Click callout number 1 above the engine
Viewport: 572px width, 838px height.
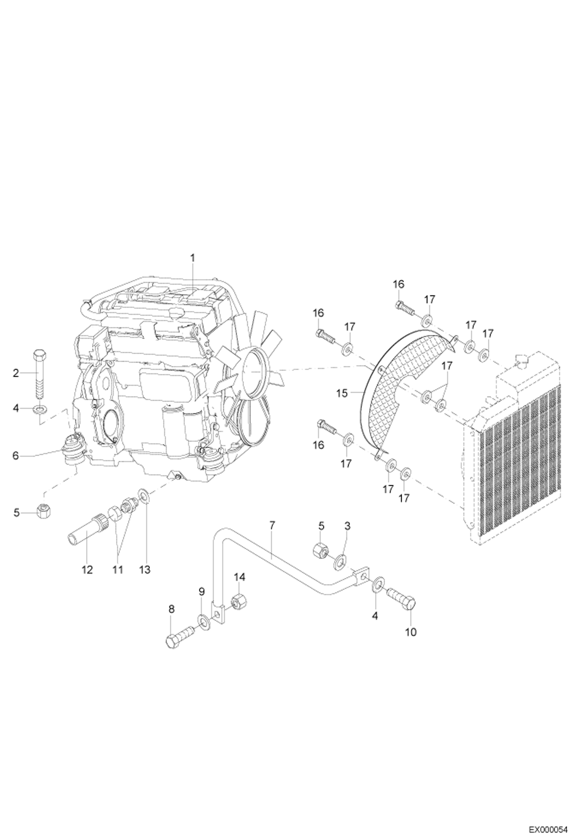tap(192, 258)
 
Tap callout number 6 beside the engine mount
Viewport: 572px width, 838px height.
tap(16, 456)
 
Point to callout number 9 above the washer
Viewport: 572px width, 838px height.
tap(202, 592)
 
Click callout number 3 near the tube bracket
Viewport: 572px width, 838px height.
tap(347, 526)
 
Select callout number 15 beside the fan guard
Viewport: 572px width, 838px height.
tap(342, 393)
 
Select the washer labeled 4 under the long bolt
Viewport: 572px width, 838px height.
tap(39, 410)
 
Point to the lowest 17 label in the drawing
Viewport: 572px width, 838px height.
tap(404, 498)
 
